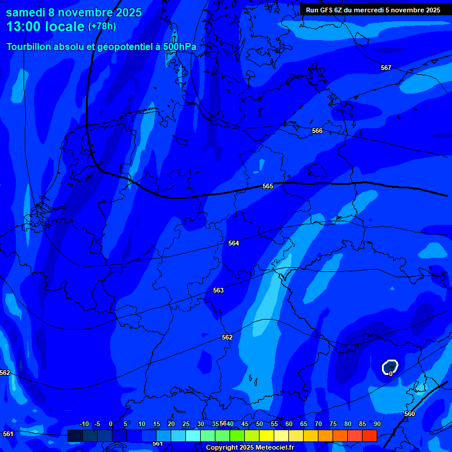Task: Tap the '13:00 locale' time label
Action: coord(45,26)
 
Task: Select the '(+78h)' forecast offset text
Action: coord(102,26)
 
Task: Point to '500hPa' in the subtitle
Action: coord(180,46)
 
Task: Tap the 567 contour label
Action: coord(385,68)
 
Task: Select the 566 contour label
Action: coord(317,131)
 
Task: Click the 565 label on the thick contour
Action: coord(268,186)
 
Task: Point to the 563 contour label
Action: coord(218,290)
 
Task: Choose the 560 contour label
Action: coord(410,414)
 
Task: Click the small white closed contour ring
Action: coord(390,367)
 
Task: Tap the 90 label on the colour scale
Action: coord(377,424)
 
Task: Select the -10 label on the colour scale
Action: coord(84,424)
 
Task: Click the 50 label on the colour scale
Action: coord(260,424)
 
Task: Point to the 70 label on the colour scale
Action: coord(318,424)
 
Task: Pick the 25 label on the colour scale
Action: coord(186,424)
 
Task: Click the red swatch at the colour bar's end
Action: coord(369,436)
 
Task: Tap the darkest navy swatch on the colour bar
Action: coord(75,436)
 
